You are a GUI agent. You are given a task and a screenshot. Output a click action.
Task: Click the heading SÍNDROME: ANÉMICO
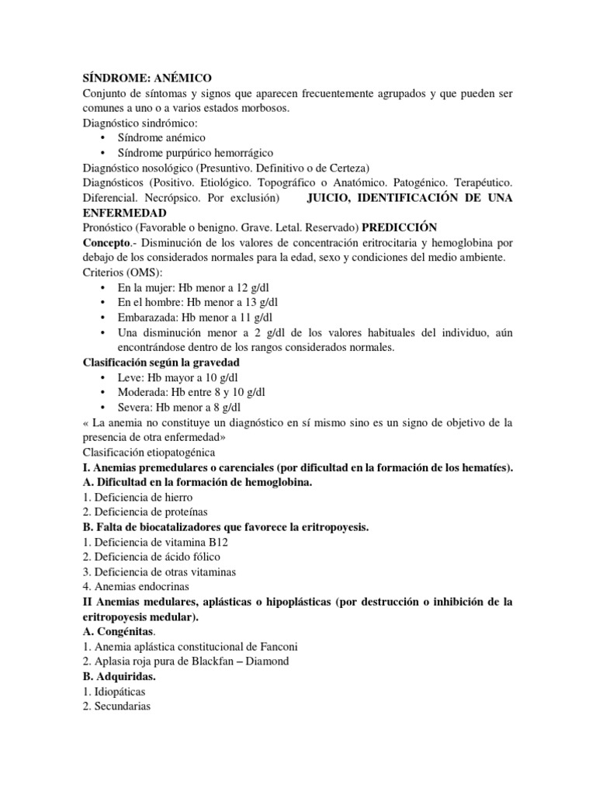(x=147, y=78)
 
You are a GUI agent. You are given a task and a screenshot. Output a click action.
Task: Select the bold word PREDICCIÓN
(x=398, y=227)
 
